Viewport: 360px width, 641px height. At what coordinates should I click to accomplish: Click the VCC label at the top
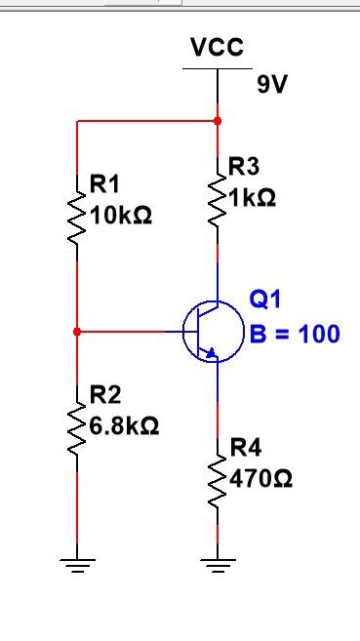coord(217,47)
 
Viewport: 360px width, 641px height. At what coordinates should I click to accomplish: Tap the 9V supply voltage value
coord(273,85)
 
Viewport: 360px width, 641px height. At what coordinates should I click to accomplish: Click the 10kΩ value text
coord(121,215)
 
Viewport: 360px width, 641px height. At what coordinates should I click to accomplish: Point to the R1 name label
coord(104,183)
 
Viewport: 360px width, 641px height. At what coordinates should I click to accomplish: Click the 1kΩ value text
coord(253,197)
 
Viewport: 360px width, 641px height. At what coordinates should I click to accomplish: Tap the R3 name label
coord(244,166)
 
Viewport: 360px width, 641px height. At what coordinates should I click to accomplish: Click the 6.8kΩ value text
coord(125,426)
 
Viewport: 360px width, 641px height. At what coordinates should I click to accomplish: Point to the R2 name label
coord(104,395)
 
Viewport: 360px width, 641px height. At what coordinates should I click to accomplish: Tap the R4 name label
coord(246,448)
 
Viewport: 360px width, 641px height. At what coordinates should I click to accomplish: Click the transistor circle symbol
coord(213,332)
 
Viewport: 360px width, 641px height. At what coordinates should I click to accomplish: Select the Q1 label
coord(264,298)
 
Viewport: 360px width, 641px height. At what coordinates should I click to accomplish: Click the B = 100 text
coord(295,334)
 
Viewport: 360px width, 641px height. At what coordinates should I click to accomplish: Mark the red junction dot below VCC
coord(217,121)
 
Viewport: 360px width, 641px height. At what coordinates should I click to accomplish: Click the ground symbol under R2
coord(76,563)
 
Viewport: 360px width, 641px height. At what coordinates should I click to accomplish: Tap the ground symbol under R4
coord(217,563)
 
